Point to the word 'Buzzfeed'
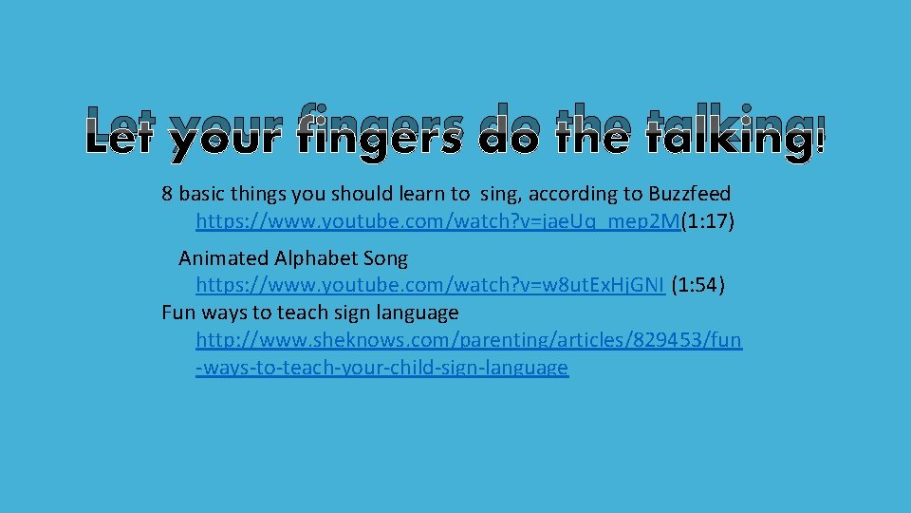click(x=690, y=194)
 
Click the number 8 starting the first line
click(x=168, y=194)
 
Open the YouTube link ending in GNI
click(x=430, y=285)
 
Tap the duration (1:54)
click(x=697, y=285)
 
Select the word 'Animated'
click(x=224, y=257)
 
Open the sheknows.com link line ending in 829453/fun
click(x=469, y=339)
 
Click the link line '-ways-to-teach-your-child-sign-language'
click(x=381, y=367)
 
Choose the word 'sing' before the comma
click(x=500, y=194)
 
